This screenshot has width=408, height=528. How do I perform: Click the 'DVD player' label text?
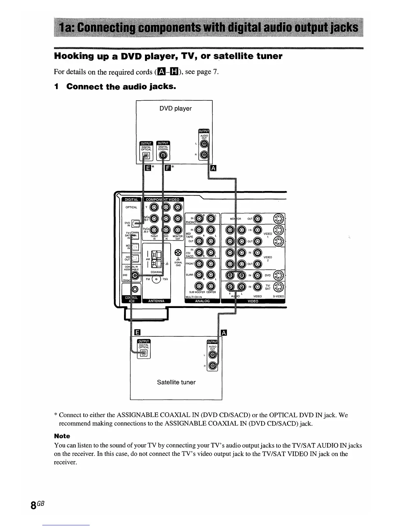[x=175, y=109]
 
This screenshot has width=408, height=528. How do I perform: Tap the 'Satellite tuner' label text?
[x=176, y=382]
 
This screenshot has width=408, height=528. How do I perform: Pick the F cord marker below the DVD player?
[x=168, y=167]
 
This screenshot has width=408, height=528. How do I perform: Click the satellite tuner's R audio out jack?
[x=213, y=366]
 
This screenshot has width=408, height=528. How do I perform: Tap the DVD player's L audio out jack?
[x=204, y=144]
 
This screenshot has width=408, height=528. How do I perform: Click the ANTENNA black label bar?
[x=156, y=301]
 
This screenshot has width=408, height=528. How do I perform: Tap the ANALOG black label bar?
[x=202, y=301]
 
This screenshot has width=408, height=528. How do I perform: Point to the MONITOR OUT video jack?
[x=258, y=219]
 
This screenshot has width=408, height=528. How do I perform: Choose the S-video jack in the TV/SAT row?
[x=279, y=286]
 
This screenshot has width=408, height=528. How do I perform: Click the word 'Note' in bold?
[x=62, y=436]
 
